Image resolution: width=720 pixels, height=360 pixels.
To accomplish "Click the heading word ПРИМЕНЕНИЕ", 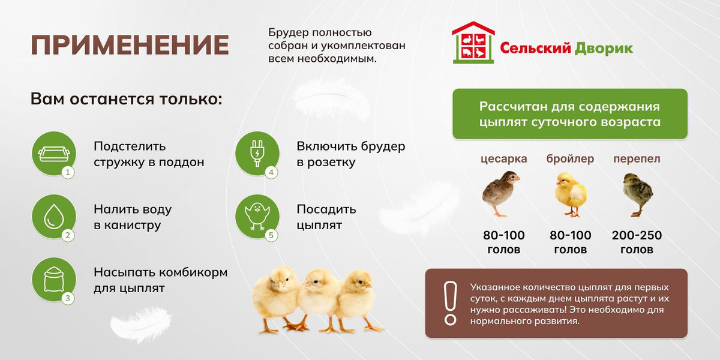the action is [x=130, y=45].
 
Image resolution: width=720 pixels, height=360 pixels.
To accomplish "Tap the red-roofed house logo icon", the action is [x=473, y=43].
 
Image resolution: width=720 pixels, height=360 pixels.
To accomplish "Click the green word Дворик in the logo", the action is [x=604, y=48].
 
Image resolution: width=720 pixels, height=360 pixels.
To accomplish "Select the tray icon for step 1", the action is [x=53, y=154].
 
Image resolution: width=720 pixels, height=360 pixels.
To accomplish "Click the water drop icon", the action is [x=53, y=217].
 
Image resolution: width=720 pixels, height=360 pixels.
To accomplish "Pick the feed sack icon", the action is [x=53, y=280].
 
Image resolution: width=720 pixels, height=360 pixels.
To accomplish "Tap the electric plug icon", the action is [x=257, y=154].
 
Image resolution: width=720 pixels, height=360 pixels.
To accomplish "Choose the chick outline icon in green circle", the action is [x=257, y=217].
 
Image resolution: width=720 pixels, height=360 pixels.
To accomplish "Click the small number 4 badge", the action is [x=271, y=173].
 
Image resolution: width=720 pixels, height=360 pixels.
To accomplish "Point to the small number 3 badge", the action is [x=67, y=299].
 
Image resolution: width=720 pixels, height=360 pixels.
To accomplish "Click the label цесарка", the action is [x=503, y=159].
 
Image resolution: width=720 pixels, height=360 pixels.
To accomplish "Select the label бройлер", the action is [x=570, y=158].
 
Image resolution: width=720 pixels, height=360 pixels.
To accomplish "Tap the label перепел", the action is [x=637, y=159].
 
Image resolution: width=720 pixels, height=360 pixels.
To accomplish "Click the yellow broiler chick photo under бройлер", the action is [x=571, y=194].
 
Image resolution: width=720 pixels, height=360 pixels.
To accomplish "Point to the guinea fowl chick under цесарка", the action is [x=500, y=194].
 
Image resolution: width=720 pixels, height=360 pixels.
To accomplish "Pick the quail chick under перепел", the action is [x=637, y=195].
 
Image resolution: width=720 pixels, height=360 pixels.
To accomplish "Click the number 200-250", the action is [x=637, y=235].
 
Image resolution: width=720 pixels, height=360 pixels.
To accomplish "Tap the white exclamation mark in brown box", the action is [x=451, y=304].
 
